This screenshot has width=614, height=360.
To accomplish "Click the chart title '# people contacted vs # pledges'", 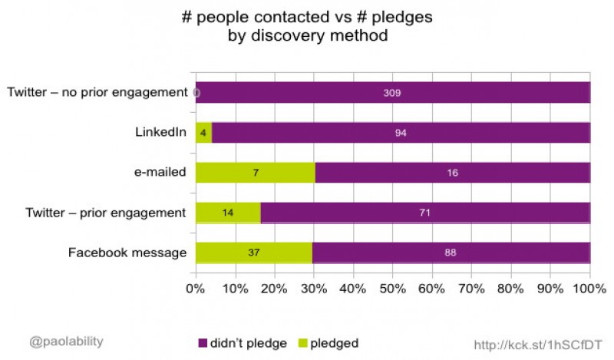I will click(x=307, y=18).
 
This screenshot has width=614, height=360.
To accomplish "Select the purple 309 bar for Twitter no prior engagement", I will click(x=393, y=93).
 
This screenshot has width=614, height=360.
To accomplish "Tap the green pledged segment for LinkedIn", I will click(x=203, y=133).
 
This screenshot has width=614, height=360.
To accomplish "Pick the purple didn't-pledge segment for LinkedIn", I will click(x=401, y=133).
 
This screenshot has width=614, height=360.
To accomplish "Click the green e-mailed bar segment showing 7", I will click(x=255, y=173).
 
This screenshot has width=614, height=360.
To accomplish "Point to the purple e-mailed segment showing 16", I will click(x=452, y=173).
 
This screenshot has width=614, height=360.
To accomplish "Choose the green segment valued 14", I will click(x=228, y=213).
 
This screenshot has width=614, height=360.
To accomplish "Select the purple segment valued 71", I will click(x=425, y=213).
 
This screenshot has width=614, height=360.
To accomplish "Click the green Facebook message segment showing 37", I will click(x=254, y=253).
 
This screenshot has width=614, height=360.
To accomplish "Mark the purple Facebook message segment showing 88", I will click(x=451, y=253).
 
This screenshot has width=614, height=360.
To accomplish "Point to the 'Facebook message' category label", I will click(x=127, y=253).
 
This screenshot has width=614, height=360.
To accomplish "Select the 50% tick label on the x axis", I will click(x=392, y=291).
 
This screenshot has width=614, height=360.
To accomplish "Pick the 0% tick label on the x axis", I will click(x=196, y=291).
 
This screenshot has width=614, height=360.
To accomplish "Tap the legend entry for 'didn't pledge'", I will click(x=244, y=342).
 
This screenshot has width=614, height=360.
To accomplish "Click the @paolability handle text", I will click(x=66, y=341).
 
